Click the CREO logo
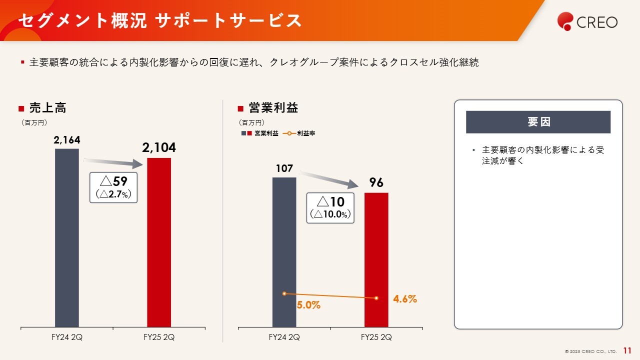click(587, 21)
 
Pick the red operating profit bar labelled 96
click(376, 260)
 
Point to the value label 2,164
click(67, 140)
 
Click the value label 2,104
click(159, 148)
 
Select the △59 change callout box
click(113, 187)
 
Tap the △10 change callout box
click(331, 207)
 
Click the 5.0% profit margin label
click(308, 305)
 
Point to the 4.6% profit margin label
click(404, 299)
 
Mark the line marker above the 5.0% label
click(284, 293)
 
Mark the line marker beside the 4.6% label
click(376, 298)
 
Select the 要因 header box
click(538, 122)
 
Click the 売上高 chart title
click(47, 108)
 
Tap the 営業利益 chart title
click(273, 108)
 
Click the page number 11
click(627, 350)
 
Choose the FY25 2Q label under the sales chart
click(159, 337)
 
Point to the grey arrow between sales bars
click(113, 162)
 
